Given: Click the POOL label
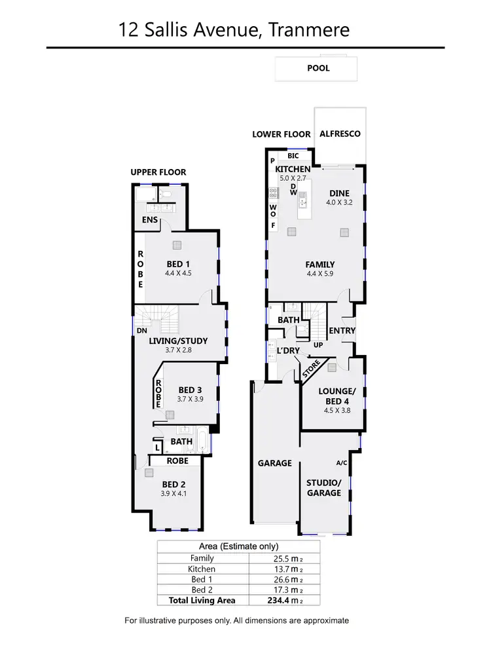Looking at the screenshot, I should coord(318,68).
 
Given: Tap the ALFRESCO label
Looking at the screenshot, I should coord(339,134).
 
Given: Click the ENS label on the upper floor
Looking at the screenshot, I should coord(150,220).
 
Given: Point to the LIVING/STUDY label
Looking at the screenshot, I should coord(178,341).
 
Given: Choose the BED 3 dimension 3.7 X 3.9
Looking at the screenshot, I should coord(191,399).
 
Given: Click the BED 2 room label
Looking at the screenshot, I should coord(173,484).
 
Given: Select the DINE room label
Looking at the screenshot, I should coord(339,193).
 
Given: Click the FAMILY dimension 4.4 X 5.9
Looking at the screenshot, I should coord(320,274).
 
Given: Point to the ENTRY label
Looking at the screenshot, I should coord(341,331).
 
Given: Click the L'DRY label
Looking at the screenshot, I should coord(287,351).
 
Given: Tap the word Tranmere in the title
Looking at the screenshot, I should coord(309,29).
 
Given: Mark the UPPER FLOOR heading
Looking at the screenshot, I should coord(158,172).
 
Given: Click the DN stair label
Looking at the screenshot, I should coord(141,331).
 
